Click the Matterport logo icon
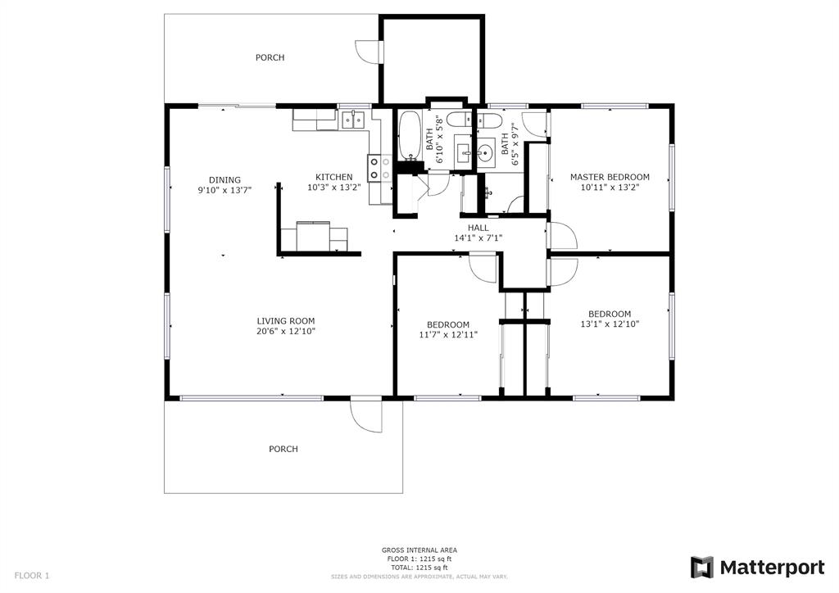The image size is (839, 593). [701, 568]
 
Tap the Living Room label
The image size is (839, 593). [286, 321]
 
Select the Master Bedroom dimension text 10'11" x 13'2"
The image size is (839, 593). [610, 187]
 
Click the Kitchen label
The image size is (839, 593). [334, 177]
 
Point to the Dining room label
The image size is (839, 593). [224, 179]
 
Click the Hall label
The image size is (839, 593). [478, 228]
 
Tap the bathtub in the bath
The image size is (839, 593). [410, 136]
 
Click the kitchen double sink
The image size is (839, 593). [353, 120]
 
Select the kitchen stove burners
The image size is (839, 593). [379, 168]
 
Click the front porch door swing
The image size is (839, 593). [366, 415]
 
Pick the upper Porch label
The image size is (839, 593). [270, 57]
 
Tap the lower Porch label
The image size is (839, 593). [283, 449]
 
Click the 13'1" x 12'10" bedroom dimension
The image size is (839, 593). [610, 324]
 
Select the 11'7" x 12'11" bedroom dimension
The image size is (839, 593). [448, 335]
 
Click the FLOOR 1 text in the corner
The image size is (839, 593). [32, 576]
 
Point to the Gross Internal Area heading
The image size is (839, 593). [419, 550]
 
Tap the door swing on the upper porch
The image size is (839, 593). [367, 52]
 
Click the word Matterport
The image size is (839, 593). [772, 568]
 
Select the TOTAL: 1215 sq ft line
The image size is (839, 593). [419, 568]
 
